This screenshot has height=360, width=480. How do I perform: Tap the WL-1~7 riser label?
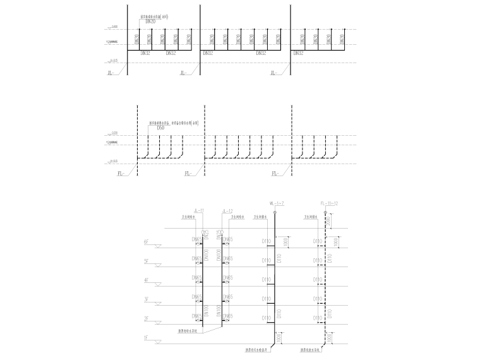tap(277, 203)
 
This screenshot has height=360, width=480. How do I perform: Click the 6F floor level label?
tap(147, 241)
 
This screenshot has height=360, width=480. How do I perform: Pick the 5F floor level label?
tap(147, 260)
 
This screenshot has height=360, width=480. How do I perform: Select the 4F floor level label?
tap(147, 279)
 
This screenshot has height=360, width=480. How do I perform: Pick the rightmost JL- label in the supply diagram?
tap(273, 73)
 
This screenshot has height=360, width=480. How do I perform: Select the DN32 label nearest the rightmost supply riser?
tap(299, 54)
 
